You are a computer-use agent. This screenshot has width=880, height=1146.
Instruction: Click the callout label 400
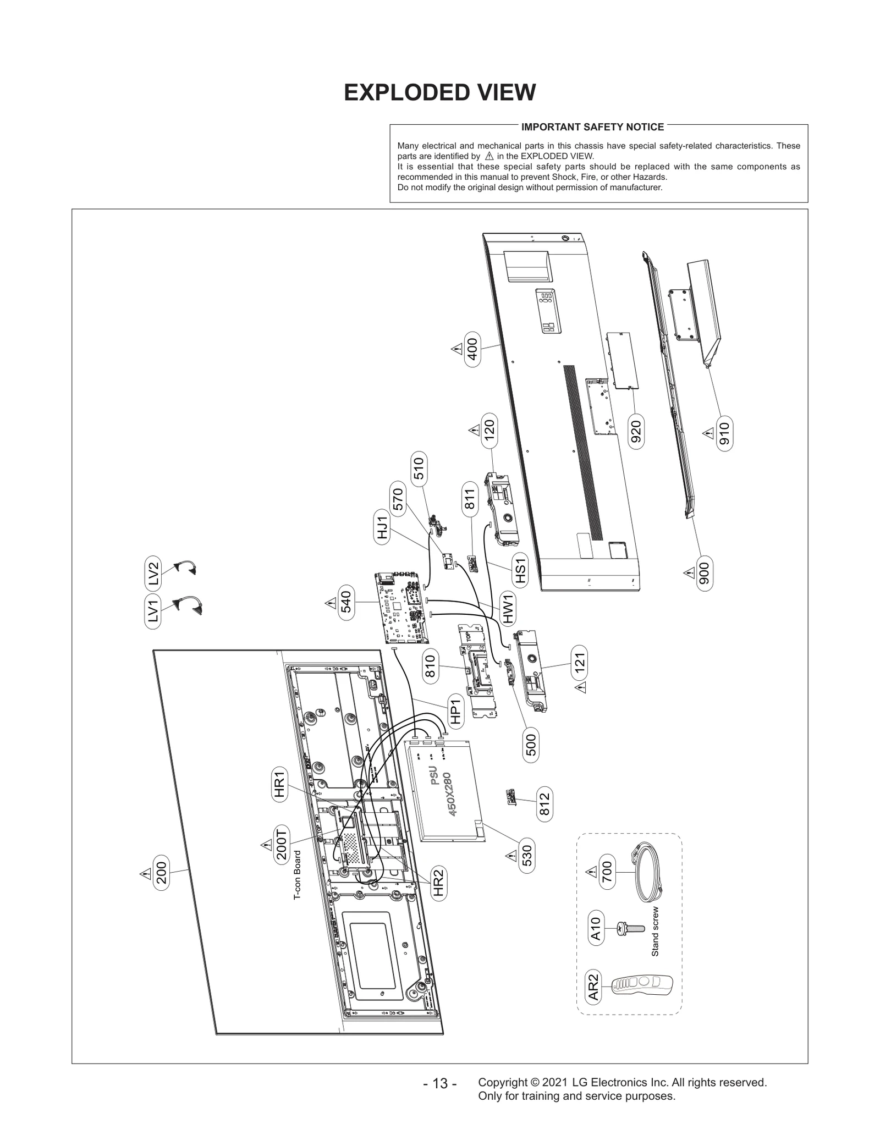(472, 349)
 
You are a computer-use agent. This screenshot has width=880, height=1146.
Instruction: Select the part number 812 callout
(544, 805)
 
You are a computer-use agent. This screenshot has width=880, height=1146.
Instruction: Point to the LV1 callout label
(154, 610)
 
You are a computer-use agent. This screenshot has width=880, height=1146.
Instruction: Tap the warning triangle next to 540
(331, 603)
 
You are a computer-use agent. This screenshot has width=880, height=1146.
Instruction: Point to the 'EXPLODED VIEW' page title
(439, 92)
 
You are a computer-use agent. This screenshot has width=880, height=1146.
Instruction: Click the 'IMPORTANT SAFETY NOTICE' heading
(592, 127)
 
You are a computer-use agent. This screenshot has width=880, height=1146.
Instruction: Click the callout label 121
(580, 662)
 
